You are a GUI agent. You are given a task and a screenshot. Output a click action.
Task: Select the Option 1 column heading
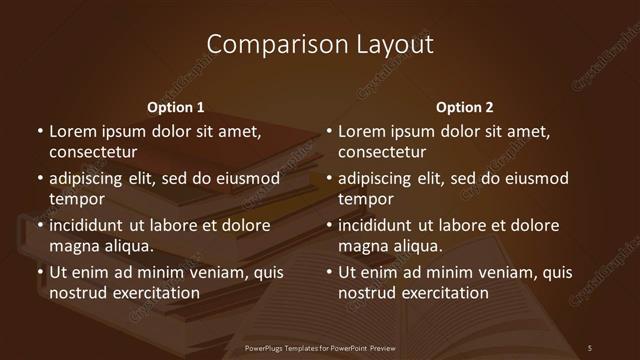pos(176,107)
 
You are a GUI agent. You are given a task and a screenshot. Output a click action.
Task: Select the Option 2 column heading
pos(465,107)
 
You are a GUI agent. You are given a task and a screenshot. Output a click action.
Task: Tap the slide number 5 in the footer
pos(590,347)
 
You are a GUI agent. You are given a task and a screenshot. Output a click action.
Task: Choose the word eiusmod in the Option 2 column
pos(536,178)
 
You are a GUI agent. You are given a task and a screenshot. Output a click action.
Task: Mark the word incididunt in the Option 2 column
pos(384,225)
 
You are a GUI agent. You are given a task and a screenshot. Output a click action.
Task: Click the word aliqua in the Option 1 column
pos(130,246)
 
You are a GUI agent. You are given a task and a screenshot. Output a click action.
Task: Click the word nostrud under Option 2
pos(371,293)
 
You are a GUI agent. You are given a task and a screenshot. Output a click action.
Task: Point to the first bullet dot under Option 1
pos(40,131)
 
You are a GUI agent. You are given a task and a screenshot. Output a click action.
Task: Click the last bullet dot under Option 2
pos(329,272)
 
